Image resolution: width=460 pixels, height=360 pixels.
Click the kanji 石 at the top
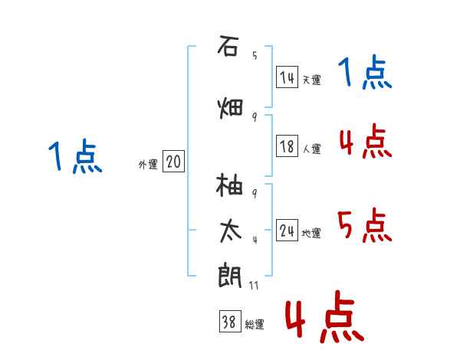click(x=228, y=45)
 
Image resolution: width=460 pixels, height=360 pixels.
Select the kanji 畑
click(x=230, y=109)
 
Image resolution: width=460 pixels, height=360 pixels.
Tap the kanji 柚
click(x=229, y=185)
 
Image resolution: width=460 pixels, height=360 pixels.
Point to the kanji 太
click(x=231, y=231)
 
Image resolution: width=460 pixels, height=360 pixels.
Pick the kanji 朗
click(x=230, y=276)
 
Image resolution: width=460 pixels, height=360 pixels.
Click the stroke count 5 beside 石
click(x=255, y=55)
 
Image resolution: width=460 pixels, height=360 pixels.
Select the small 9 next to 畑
click(x=255, y=117)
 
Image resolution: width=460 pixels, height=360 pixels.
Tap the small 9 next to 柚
click(x=255, y=193)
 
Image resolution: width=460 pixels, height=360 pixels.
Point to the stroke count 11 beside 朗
click(x=254, y=286)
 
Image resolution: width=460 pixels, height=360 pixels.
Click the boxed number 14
click(x=287, y=77)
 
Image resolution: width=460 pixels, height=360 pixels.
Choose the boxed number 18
click(x=287, y=146)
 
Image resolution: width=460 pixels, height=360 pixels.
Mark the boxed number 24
click(x=287, y=231)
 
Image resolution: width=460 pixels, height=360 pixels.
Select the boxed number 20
click(x=174, y=162)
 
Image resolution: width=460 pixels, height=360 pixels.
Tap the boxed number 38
click(x=230, y=321)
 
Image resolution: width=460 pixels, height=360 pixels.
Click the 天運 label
click(x=312, y=80)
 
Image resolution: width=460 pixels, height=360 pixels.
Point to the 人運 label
click(x=312, y=149)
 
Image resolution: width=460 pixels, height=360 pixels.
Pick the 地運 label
click(x=311, y=234)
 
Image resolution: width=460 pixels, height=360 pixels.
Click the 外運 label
click(x=148, y=165)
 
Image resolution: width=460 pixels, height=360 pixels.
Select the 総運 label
click(x=255, y=325)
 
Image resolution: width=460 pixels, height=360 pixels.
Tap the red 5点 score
click(x=365, y=225)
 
